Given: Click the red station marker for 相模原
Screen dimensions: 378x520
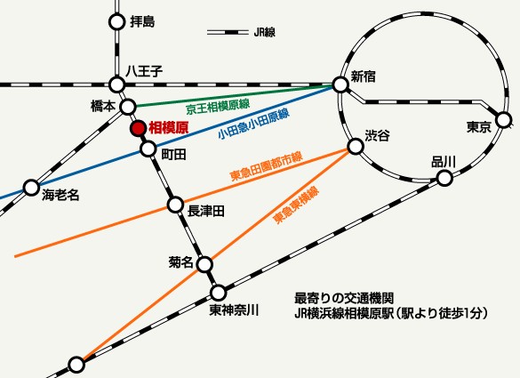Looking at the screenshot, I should click(x=138, y=128).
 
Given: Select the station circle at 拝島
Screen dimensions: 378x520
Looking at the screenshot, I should click(x=116, y=21).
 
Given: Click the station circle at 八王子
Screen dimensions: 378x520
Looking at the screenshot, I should click(x=116, y=84).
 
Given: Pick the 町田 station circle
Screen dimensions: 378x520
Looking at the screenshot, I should click(x=148, y=149).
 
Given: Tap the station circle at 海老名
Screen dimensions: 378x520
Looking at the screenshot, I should click(x=31, y=188).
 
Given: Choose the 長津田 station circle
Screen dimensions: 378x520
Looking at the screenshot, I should click(x=175, y=205).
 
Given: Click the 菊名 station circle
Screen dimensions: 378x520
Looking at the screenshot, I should click(x=204, y=264).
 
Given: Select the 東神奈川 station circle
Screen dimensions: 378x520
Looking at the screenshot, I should click(x=219, y=293).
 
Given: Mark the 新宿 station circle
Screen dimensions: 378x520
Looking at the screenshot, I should click(x=340, y=84).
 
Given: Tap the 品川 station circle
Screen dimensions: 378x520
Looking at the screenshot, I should click(x=444, y=178).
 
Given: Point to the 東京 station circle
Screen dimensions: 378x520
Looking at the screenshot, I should click(x=504, y=118).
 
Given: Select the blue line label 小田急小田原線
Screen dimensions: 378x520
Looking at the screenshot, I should click(x=253, y=125).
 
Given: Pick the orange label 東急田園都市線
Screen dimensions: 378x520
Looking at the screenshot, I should click(x=266, y=164).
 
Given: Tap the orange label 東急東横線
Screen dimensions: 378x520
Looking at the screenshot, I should click(x=295, y=205).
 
